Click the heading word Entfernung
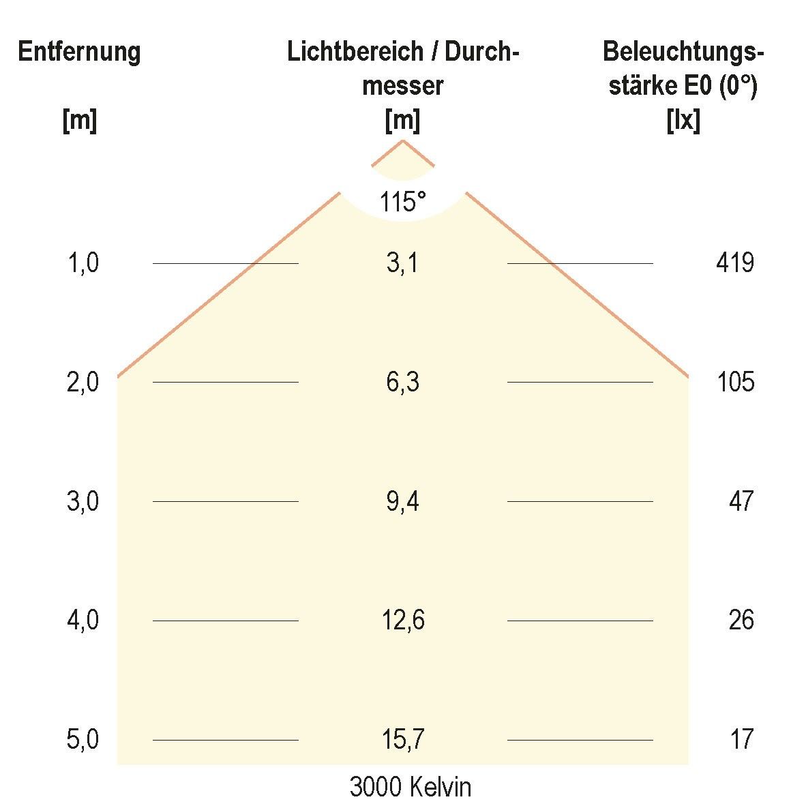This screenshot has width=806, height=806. [x=79, y=52]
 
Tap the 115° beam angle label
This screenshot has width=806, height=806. [x=403, y=202]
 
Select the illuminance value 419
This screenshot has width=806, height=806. [x=735, y=263]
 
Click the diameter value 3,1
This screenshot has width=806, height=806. [x=402, y=263]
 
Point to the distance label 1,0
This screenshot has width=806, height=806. [x=83, y=263]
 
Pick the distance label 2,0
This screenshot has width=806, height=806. [x=83, y=382]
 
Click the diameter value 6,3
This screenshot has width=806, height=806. [x=402, y=382]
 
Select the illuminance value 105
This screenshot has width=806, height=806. [x=735, y=382]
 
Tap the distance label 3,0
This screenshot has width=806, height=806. [x=83, y=501]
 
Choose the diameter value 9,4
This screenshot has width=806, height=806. [x=402, y=501]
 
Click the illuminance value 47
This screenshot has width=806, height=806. [x=741, y=501]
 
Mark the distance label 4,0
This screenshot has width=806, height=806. [x=83, y=621]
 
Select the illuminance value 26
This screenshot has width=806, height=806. [x=741, y=621]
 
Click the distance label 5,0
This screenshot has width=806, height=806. [x=83, y=740]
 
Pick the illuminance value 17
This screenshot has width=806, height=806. [x=741, y=740]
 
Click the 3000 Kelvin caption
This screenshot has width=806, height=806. [x=410, y=788]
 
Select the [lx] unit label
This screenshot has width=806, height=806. [x=683, y=121]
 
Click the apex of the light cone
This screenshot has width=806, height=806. [x=403, y=140]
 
